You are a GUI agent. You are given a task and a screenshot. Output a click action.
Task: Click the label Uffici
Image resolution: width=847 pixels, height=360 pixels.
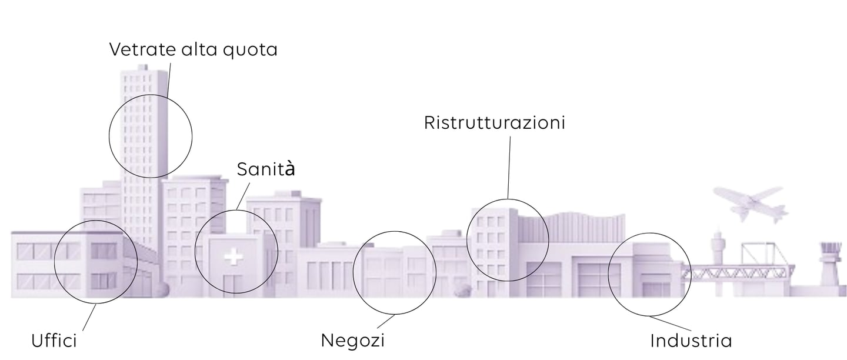coord(54,341)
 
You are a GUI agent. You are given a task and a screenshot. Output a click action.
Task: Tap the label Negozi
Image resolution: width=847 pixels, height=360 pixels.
coord(352,340)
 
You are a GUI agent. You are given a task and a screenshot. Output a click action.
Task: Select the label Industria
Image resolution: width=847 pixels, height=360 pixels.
coord(691,341)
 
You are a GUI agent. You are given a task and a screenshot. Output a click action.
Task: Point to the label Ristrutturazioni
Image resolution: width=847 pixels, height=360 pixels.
coord(494,122)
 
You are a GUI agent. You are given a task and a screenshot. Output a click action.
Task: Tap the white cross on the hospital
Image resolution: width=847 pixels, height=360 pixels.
coord(233,257)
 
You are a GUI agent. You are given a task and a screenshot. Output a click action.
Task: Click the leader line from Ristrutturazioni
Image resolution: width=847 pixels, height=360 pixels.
coord(509,168)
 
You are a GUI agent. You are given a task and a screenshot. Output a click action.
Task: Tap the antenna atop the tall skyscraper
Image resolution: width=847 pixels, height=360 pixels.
coord(142,66)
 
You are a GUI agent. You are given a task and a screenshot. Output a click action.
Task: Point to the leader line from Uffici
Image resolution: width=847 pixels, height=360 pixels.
coord(89,318)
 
